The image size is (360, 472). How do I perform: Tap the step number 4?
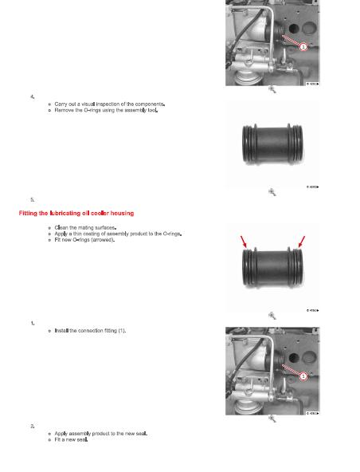tap(32, 96)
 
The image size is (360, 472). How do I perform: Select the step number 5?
tap(32, 199)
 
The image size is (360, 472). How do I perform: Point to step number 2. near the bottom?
tap(32, 427)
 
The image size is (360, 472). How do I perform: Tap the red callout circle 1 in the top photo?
tap(302, 47)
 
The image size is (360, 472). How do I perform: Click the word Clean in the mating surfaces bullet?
tap(64, 228)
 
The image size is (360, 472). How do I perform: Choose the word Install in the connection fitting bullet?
tap(64, 330)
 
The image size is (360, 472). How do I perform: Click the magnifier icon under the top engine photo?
tap(272, 90)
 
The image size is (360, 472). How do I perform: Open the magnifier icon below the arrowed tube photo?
tap(272, 315)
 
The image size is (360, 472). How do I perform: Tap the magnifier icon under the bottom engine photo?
tap(272, 419)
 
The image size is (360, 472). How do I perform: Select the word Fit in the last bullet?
tap(58, 440)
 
